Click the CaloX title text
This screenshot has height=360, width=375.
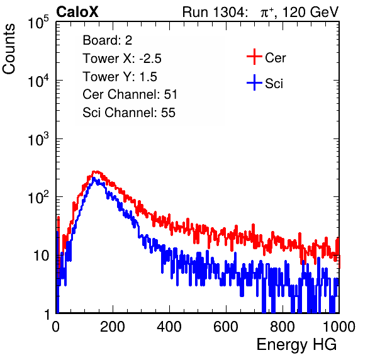click(x=77, y=12)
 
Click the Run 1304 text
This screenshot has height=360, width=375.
click(x=213, y=12)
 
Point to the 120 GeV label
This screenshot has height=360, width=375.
click(x=310, y=12)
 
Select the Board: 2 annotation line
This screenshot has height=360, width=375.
click(x=108, y=40)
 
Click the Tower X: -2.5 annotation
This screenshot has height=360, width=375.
click(x=122, y=59)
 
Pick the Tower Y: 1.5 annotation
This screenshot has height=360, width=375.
click(x=120, y=77)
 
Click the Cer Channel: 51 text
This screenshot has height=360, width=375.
click(x=130, y=94)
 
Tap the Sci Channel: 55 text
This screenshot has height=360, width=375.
click(x=129, y=113)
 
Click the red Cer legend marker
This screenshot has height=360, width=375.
click(x=254, y=57)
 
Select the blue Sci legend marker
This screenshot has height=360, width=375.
click(x=254, y=82)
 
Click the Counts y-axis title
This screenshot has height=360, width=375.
click(x=9, y=49)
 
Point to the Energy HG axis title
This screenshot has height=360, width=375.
click(x=296, y=345)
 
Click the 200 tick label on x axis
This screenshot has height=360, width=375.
click(x=113, y=327)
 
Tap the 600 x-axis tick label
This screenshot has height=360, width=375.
click(x=226, y=327)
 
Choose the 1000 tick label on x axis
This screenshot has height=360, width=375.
click(x=339, y=327)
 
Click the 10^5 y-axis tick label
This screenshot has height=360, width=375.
click(x=38, y=22)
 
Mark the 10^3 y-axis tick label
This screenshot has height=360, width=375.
click(x=38, y=138)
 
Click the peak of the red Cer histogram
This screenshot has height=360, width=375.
click(x=96, y=172)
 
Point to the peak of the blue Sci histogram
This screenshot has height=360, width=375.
click(x=94, y=178)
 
